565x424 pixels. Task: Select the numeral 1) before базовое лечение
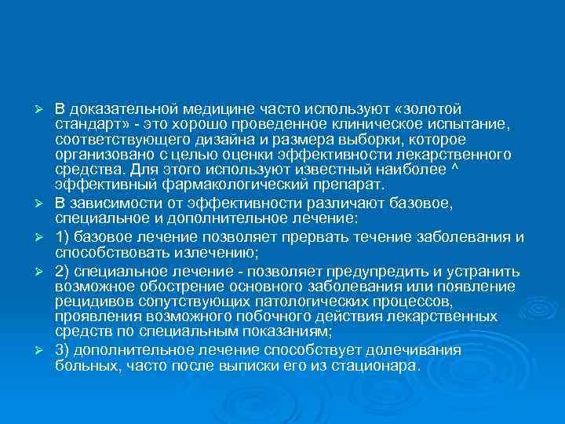click(x=64, y=237)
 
